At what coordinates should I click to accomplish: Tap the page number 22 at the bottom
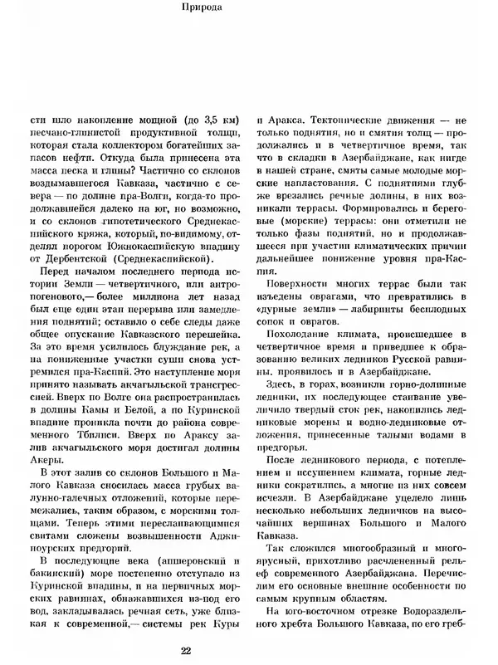(x=249, y=650)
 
